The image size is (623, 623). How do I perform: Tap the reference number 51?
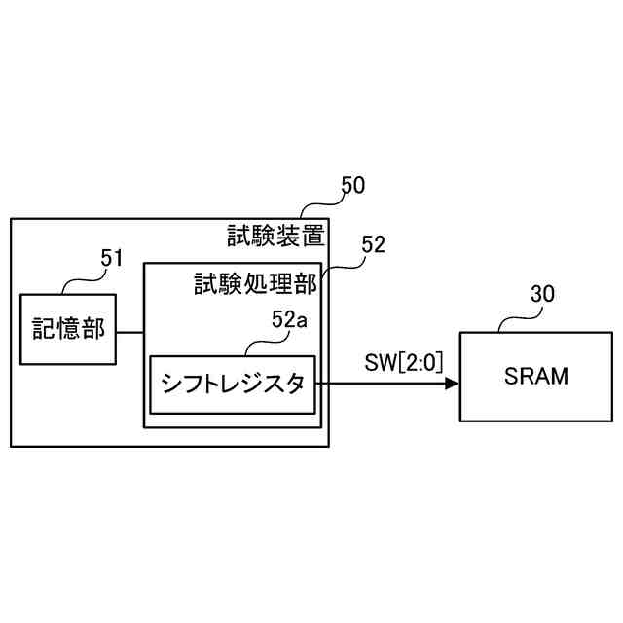click(x=113, y=258)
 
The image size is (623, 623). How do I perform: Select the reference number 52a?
click(x=289, y=321)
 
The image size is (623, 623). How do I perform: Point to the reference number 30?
click(x=543, y=294)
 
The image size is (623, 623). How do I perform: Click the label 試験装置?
click(x=275, y=236)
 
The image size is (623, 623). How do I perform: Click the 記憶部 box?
click(x=67, y=329)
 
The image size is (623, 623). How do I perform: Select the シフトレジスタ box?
click(x=233, y=384)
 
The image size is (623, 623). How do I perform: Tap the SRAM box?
click(x=536, y=376)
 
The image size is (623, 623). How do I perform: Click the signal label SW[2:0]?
click(x=403, y=361)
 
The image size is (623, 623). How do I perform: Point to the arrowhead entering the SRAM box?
click(x=452, y=384)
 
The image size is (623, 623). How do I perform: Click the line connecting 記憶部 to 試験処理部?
click(x=129, y=331)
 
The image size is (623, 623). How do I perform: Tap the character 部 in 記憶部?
click(x=94, y=329)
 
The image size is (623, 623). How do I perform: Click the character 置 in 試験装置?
click(x=311, y=236)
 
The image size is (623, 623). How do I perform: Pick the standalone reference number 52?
click(x=373, y=245)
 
